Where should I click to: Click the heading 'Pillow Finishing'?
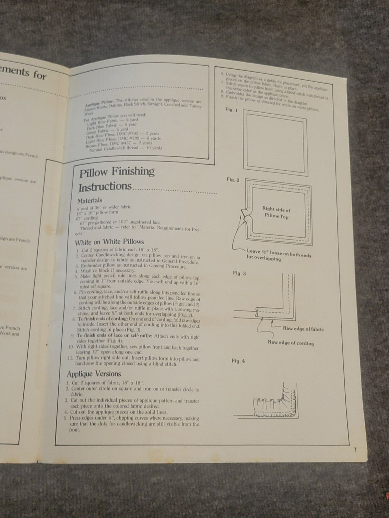[x=117, y=172]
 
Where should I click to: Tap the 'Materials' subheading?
[x=89, y=200]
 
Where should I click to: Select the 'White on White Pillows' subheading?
[x=109, y=242]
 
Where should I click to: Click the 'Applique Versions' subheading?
[x=94, y=374]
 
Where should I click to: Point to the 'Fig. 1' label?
[x=231, y=110]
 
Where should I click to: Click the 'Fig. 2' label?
[x=233, y=180]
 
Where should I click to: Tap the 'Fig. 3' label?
[x=239, y=273]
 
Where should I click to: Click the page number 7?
[x=355, y=450]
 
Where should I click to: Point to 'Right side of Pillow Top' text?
[x=276, y=213]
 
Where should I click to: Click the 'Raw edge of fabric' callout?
[x=303, y=329]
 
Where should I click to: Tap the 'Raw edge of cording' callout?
[x=290, y=343]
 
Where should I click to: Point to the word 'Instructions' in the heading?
[x=105, y=187]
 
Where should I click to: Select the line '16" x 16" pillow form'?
[x=97, y=212]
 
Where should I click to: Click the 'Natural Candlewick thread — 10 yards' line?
[x=125, y=149]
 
